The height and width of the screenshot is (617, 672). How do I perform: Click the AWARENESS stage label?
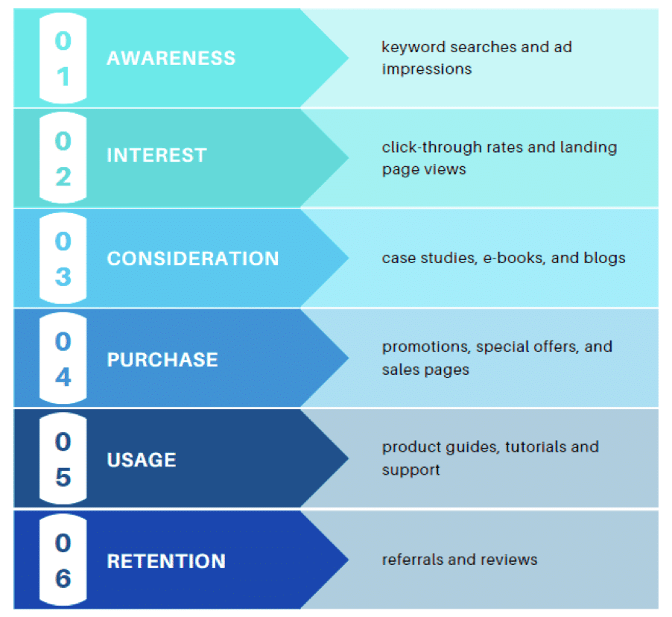pyautogui.click(x=171, y=58)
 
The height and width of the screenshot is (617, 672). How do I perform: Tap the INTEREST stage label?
pyautogui.click(x=156, y=156)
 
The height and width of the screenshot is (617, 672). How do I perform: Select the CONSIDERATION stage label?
pyautogui.click(x=193, y=259)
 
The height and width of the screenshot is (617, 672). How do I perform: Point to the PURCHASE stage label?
pyautogui.click(x=162, y=359)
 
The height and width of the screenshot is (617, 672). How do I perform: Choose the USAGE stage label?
pyautogui.click(x=142, y=460)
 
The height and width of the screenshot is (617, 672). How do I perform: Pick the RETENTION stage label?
pyautogui.click(x=166, y=561)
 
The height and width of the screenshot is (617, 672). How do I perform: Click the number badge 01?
pyautogui.click(x=63, y=58)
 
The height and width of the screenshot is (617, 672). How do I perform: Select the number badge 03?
pyautogui.click(x=63, y=259)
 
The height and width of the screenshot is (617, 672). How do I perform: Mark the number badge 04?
pyautogui.click(x=63, y=359)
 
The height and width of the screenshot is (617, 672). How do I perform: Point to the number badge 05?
pyautogui.click(x=63, y=460)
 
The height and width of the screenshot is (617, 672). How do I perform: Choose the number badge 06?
pyautogui.click(x=63, y=560)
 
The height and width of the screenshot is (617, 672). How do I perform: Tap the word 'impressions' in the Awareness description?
pyautogui.click(x=426, y=69)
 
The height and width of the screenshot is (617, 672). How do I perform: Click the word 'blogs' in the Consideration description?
pyautogui.click(x=606, y=259)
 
